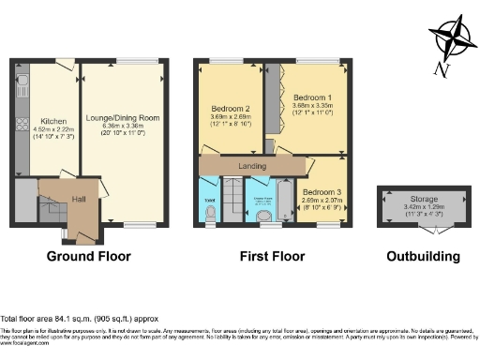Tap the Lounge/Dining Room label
click(123, 118)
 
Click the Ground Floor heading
click(89, 256)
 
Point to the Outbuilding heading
click(422, 256)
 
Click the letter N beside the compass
click(442, 67)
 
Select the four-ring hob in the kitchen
click(20, 125)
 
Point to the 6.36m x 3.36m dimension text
click(123, 127)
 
